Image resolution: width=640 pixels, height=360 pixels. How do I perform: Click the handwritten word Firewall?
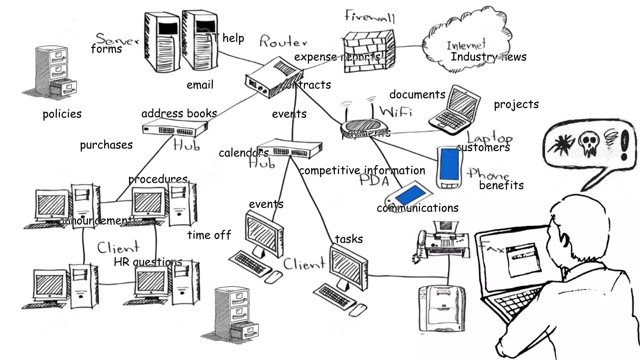[x=370, y=16]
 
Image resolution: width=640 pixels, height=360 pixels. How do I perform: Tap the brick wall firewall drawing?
[x=369, y=52]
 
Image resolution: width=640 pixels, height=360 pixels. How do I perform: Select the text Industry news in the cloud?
[x=488, y=57]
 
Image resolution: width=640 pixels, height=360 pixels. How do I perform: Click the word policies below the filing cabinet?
[x=62, y=114]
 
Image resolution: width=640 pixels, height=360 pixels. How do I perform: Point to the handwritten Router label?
[x=283, y=42]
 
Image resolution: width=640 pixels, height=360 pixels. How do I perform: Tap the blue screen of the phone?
[x=449, y=164]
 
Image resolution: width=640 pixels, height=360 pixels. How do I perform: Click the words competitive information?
[x=362, y=171]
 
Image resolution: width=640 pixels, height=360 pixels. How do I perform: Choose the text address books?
[x=179, y=113]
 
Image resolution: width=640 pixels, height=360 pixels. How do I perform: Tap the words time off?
[x=209, y=235]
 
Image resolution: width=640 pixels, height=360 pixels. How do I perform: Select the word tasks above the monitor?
[x=349, y=239]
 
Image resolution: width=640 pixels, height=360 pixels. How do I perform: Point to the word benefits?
[x=501, y=185]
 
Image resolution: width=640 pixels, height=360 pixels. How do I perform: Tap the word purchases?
[x=106, y=145]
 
